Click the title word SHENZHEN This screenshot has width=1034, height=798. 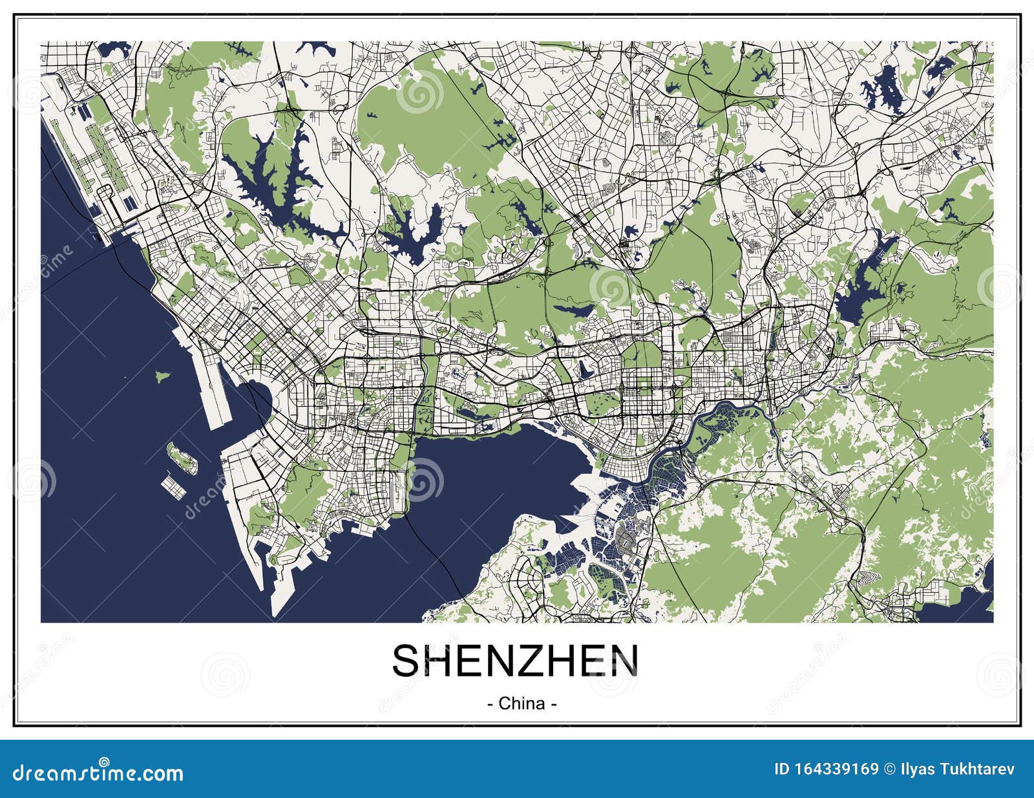515,660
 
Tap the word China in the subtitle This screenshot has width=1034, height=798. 522,703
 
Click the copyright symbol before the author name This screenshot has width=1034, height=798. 889,770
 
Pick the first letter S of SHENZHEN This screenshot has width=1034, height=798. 407,660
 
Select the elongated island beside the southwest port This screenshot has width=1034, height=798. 181,457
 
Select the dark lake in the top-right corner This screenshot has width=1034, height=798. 882,91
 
